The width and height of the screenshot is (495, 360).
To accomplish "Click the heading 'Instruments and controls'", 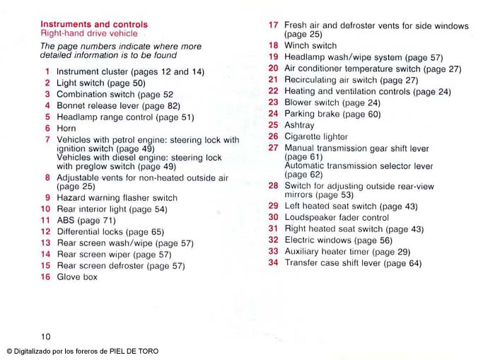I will (x=94, y=24).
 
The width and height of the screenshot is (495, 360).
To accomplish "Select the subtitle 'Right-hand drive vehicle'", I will (x=88, y=33).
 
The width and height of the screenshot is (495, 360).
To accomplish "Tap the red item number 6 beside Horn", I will (x=47, y=129).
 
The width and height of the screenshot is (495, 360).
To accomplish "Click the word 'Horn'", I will (x=66, y=129).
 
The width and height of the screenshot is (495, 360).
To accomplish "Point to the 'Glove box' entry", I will (x=77, y=277).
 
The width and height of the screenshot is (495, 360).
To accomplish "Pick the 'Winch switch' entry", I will (x=310, y=46).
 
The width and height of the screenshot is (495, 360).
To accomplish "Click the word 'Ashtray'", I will (x=299, y=125).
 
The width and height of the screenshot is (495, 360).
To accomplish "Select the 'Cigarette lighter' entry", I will (x=316, y=137).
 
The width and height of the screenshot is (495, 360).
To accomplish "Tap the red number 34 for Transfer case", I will (x=273, y=262).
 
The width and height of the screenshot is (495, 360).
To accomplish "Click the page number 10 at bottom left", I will (x=45, y=336).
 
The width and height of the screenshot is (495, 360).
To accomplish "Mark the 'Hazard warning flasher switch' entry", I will (x=117, y=198).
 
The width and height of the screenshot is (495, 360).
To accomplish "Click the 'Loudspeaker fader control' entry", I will (x=337, y=218).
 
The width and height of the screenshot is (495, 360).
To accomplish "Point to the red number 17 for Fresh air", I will (x=273, y=25).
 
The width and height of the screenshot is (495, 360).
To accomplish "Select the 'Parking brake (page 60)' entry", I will (x=332, y=114).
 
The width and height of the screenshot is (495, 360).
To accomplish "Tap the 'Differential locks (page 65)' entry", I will (x=110, y=232).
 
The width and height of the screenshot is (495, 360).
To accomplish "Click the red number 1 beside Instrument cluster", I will (x=47, y=71).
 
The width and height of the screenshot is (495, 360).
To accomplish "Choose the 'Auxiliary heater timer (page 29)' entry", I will (x=347, y=252).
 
